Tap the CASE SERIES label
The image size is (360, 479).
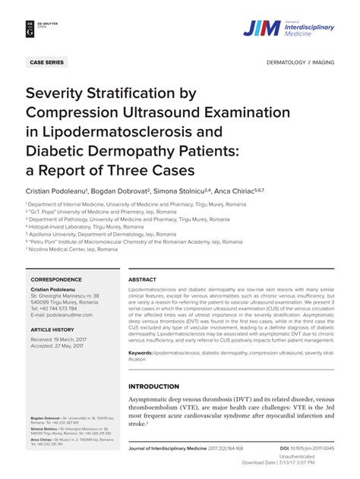[x=47, y=62]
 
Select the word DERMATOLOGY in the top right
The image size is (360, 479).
[x=285, y=62]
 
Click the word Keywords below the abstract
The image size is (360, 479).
[x=140, y=352]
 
